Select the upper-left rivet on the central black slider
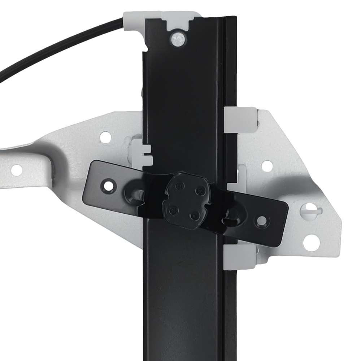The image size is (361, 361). coord(178,186)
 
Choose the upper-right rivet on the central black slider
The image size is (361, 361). coord(197,190)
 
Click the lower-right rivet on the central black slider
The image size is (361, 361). coord(194,216)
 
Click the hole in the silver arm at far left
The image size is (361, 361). coord(17,169)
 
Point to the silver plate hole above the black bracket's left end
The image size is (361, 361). coord(105,136)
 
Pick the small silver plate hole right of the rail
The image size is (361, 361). coord(267,166)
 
